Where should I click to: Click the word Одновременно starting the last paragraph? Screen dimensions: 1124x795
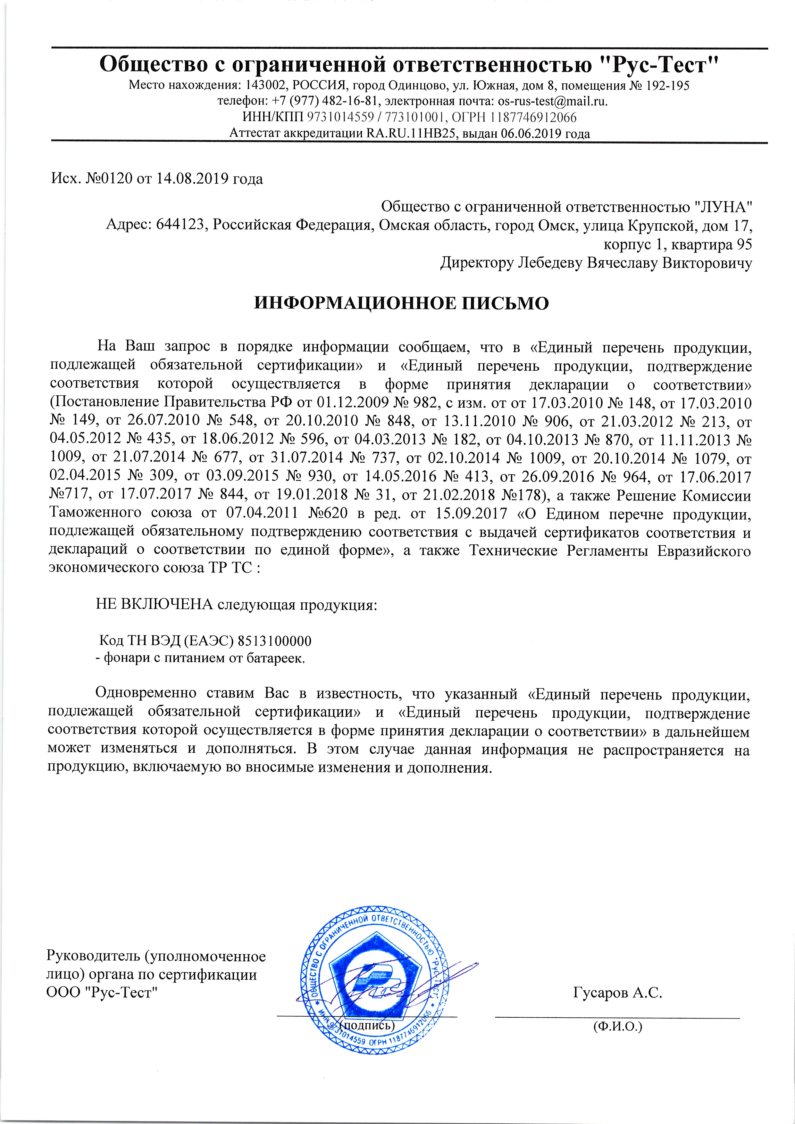pyautogui.click(x=146, y=693)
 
